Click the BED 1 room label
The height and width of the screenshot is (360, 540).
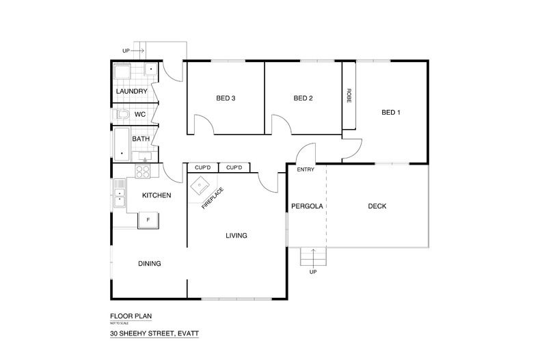(389, 113)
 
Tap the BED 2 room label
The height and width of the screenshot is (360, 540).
(303, 98)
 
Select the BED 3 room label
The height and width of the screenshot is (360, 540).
(226, 98)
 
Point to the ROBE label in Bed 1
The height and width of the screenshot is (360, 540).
(349, 94)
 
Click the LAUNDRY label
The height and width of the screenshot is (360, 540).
(131, 91)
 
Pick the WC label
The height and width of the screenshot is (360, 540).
(140, 114)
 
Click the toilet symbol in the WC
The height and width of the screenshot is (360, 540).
(122, 114)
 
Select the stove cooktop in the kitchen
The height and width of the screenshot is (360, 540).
(144, 171)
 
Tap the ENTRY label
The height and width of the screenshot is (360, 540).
(305, 169)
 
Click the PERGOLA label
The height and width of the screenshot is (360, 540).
(306, 206)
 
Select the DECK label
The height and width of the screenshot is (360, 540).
(377, 206)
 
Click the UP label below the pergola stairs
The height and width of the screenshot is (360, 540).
(314, 272)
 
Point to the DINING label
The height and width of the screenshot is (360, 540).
(150, 263)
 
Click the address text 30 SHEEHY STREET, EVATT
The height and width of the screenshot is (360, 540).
(154, 335)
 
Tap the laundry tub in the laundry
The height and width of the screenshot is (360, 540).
(124, 73)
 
